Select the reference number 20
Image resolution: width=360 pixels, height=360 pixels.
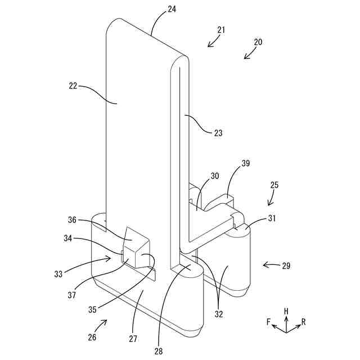pyautogui.click(x=258, y=42)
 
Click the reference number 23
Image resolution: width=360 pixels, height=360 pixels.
pyautogui.click(x=218, y=133)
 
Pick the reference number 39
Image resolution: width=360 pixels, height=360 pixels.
pyautogui.click(x=245, y=163)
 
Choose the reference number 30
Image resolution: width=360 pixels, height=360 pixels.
pyautogui.click(x=215, y=176)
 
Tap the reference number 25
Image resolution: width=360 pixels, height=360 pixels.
pyautogui.click(x=274, y=184)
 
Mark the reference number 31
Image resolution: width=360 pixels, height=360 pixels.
pyautogui.click(x=271, y=218)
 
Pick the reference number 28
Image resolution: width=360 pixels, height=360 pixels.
pyautogui.click(x=159, y=351)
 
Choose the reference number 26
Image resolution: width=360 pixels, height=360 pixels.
pyautogui.click(x=92, y=337)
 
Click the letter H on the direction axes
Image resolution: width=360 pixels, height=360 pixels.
pyautogui.click(x=286, y=310)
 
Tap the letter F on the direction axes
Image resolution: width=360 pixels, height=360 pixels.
pyautogui.click(x=269, y=322)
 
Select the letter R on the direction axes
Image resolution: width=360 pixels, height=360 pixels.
pyautogui.click(x=304, y=322)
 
